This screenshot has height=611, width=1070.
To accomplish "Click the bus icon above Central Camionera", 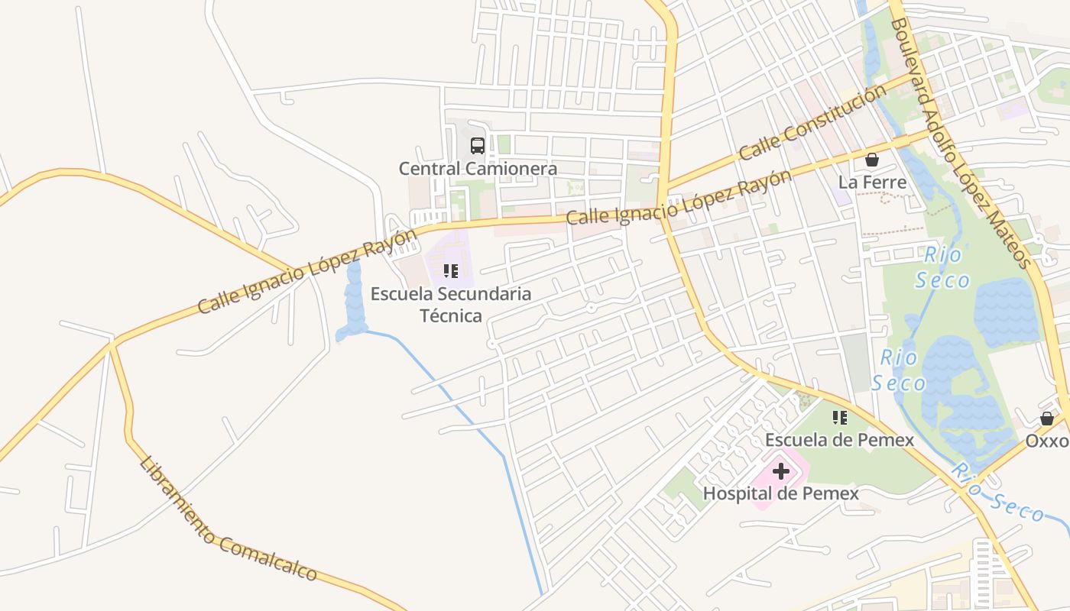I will [x=478, y=146].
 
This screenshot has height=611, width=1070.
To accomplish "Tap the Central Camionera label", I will [x=478, y=169].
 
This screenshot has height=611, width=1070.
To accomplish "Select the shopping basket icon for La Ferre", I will [x=871, y=160].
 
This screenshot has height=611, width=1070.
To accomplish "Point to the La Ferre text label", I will [x=872, y=183].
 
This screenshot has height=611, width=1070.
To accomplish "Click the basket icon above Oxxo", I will [x=1047, y=419].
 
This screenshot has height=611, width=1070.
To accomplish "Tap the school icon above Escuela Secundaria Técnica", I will [x=451, y=271].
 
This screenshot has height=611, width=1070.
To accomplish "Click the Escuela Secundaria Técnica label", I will [x=451, y=304].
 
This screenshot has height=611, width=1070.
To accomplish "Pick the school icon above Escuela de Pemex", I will [x=840, y=418].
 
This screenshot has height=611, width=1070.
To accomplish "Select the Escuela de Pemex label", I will [x=839, y=440].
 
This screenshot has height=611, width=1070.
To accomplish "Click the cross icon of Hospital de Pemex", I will [x=781, y=471].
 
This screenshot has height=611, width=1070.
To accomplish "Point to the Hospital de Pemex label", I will [x=780, y=493].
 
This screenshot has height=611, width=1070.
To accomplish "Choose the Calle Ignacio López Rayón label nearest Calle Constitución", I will [x=679, y=198].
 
